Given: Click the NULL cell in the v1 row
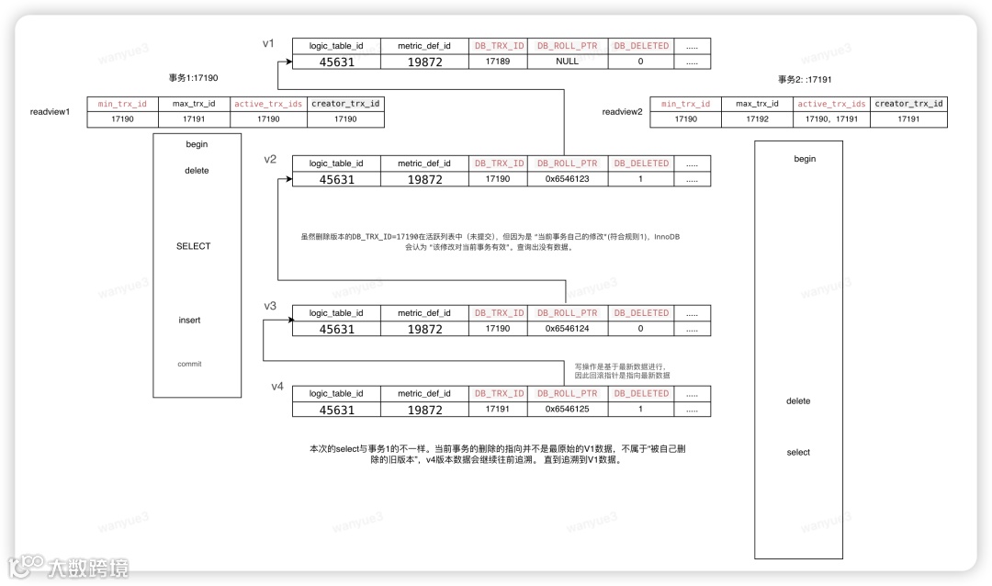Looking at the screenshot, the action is [x=567, y=62].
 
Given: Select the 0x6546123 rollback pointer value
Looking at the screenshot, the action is [x=567, y=179].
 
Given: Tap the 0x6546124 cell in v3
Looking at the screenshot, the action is [x=567, y=328].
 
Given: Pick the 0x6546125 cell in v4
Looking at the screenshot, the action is [x=567, y=409].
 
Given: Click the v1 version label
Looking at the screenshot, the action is [x=269, y=42].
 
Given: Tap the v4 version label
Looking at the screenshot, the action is [x=277, y=386].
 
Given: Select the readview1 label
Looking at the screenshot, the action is [x=50, y=112].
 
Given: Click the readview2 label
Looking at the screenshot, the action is [x=623, y=112].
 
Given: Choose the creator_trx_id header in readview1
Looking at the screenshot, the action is [x=345, y=104].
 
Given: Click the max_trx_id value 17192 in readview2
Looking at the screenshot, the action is [x=757, y=119].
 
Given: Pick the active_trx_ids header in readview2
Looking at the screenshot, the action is [x=831, y=104].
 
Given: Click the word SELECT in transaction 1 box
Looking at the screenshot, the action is [x=194, y=246].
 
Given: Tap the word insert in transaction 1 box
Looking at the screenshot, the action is [x=189, y=321].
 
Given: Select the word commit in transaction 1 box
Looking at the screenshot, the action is [x=189, y=364].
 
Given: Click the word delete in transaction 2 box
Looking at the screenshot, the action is [x=798, y=401].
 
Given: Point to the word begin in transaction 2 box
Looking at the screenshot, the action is [x=805, y=159].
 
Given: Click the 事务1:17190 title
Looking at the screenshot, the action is [x=193, y=79].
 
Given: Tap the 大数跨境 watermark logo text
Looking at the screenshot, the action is [x=88, y=567].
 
